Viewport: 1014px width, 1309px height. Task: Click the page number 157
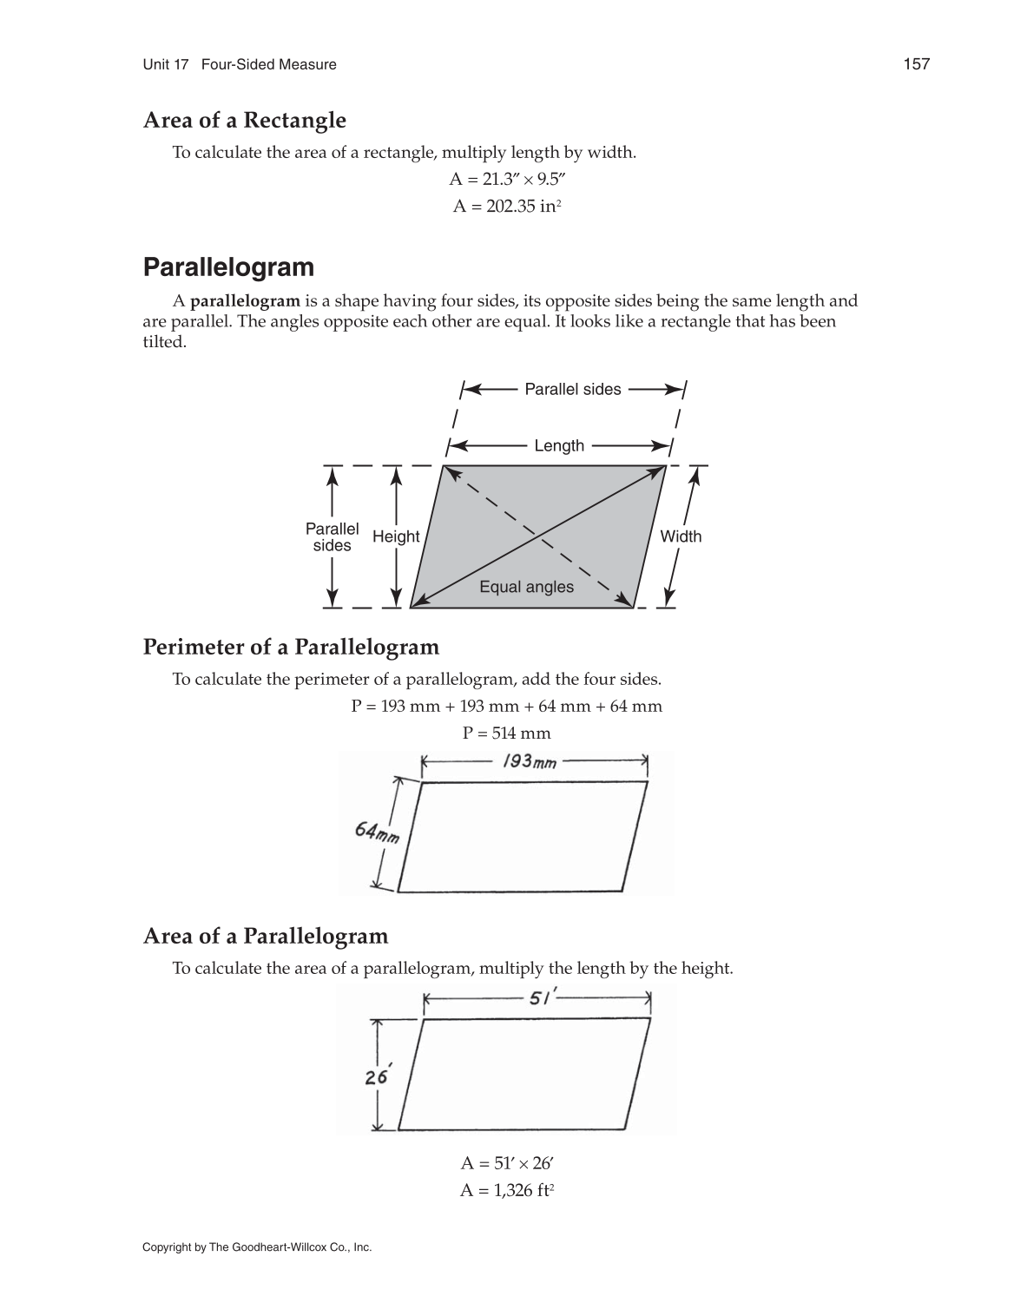[x=916, y=64]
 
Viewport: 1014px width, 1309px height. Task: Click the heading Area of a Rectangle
[x=244, y=121]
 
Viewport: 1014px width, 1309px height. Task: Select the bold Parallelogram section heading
[x=228, y=267]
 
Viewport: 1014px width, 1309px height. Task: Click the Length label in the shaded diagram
[x=559, y=446]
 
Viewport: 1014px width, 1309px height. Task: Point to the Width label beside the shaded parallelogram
[x=681, y=536]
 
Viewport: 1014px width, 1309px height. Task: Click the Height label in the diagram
[x=396, y=536]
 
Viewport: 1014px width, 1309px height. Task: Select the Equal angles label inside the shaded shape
[x=526, y=587]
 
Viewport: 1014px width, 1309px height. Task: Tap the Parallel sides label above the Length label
[x=572, y=390]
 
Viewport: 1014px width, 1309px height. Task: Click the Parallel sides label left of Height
[x=332, y=537]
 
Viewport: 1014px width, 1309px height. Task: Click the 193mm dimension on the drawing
[x=530, y=762]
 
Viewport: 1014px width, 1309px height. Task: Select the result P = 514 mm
[x=506, y=733]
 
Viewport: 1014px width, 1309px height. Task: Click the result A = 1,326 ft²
[x=506, y=1191]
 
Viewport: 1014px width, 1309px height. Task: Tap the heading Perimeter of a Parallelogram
[x=291, y=648]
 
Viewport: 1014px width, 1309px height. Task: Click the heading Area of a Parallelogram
[x=265, y=937]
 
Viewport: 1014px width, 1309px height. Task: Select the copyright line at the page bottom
[x=257, y=1247]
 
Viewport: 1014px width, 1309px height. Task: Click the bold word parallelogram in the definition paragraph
[x=245, y=301]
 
